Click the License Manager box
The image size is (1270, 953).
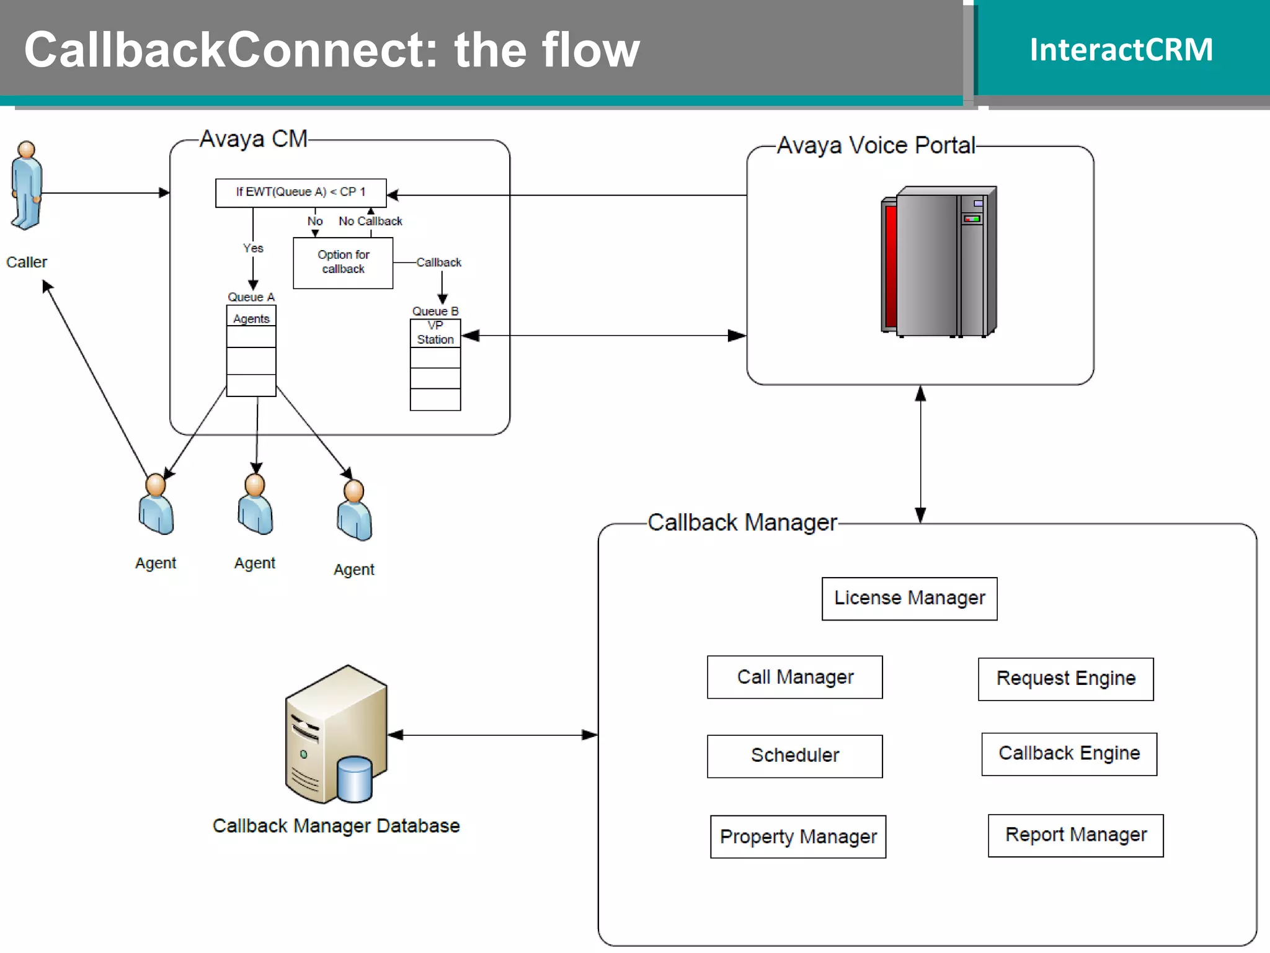pos(909,598)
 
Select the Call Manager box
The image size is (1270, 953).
pos(794,677)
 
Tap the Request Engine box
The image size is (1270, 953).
pos(1065,679)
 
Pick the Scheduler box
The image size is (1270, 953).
pos(794,756)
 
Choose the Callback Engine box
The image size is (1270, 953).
pos(1068,754)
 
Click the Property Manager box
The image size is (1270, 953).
pos(797,836)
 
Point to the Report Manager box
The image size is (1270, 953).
pos(1075,835)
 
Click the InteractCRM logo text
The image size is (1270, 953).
pos(1121,50)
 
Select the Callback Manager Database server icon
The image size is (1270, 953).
pos(335,735)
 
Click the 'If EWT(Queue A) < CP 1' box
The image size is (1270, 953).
pos(301,192)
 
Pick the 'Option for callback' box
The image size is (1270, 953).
pos(343,262)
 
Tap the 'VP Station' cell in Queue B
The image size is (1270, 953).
pos(435,333)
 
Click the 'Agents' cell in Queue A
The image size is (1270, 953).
pos(251,318)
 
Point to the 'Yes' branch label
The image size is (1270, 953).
pos(253,248)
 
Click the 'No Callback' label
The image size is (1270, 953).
pos(370,221)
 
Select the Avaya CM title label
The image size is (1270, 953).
pos(254,139)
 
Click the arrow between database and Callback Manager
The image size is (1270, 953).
pos(493,735)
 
